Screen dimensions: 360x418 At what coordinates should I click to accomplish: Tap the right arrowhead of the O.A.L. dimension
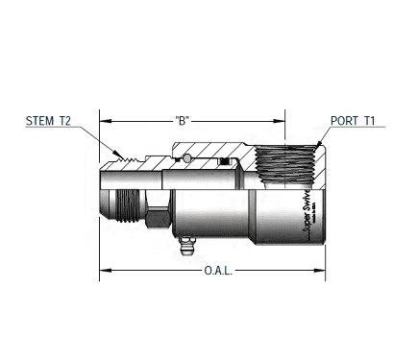pyautogui.click(x=324, y=271)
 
